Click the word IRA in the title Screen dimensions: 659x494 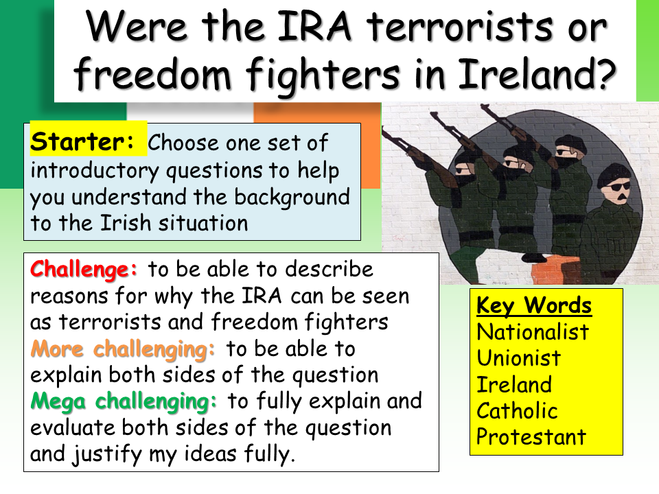click(314, 27)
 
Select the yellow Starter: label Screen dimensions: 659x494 click(82, 141)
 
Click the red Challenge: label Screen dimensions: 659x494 click(84, 270)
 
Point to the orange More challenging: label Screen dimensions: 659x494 click(123, 349)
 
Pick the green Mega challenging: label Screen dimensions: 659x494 click(124, 402)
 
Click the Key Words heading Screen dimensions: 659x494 click(534, 305)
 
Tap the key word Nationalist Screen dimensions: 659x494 click(533, 332)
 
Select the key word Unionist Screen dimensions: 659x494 click(519, 358)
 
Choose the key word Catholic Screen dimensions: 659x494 click(517, 410)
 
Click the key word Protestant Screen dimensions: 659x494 click(531, 437)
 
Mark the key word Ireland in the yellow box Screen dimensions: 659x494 click(514, 384)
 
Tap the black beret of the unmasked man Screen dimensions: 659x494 click(614, 172)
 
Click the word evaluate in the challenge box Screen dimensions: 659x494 click(72, 428)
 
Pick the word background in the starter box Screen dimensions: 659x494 click(292, 198)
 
